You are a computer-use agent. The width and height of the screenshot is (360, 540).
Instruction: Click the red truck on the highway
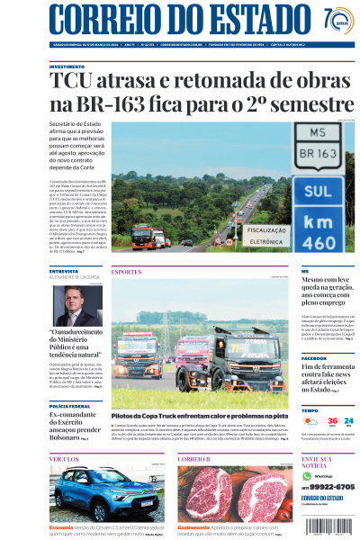[142, 238]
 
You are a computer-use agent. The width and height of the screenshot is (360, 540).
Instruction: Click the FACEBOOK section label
[314, 358]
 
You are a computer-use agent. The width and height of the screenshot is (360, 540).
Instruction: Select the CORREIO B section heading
[193, 459]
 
